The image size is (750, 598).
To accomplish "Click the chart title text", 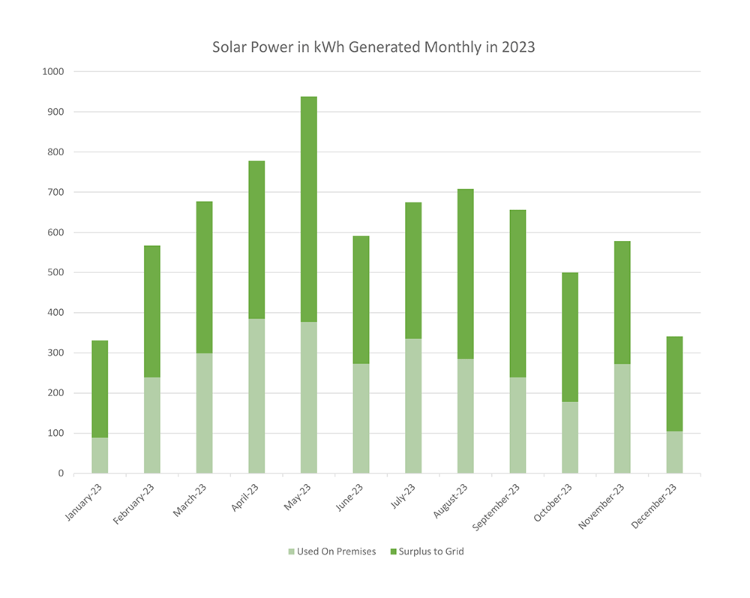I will click(373, 47).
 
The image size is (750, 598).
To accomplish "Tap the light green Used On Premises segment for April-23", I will click(256, 395).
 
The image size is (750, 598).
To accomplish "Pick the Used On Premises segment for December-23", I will click(674, 452).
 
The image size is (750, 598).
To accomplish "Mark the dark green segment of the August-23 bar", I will click(466, 274).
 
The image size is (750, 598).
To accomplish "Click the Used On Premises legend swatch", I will click(291, 552).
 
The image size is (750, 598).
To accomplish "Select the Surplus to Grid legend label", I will click(432, 552).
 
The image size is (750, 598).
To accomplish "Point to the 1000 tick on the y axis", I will click(54, 72).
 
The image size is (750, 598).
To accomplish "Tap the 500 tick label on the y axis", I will click(57, 272).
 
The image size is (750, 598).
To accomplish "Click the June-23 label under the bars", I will click(348, 497).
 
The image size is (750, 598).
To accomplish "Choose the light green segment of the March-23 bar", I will click(204, 413).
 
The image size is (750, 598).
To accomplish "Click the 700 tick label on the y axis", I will click(57, 192).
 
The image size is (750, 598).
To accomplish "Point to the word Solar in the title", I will click(228, 47).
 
